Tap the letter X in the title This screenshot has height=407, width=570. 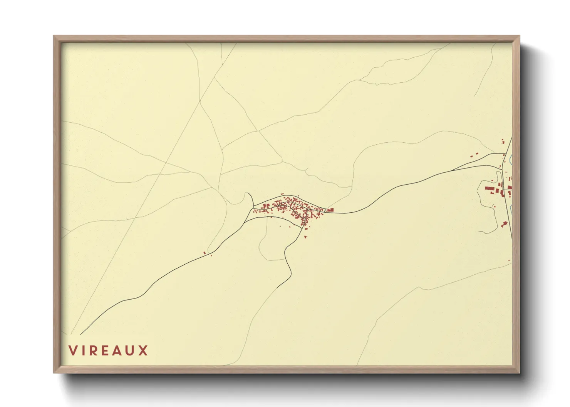tap(143, 350)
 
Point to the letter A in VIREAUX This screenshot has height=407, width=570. tap(118, 350)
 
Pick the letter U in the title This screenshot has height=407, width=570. tap(131, 350)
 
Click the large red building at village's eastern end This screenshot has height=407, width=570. tap(330, 210)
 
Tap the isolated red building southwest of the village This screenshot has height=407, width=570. tap(205, 253)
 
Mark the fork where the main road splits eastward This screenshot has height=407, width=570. tap(451, 170)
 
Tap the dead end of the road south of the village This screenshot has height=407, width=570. tap(277, 288)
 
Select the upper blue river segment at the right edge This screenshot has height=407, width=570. tap(511, 158)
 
